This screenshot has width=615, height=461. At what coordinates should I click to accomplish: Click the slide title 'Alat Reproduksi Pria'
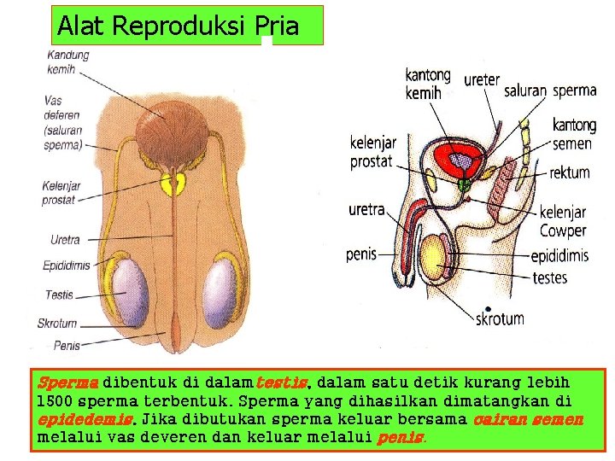178,26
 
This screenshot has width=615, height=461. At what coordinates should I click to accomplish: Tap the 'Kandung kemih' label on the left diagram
67,61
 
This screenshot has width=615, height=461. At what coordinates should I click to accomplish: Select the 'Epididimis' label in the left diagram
66,266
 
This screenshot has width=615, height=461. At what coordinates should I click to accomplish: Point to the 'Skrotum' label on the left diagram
57,324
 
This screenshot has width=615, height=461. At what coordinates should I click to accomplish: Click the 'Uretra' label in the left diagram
65,240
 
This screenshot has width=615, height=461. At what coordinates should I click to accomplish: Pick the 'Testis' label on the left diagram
59,295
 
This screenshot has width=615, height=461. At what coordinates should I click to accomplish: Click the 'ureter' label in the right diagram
481,80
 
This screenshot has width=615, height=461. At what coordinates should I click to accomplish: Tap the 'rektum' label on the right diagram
569,172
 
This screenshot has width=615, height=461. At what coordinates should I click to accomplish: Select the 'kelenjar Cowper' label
563,222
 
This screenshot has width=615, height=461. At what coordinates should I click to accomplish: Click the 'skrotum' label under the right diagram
500,319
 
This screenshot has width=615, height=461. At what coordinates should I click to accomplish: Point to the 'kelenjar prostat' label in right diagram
372,152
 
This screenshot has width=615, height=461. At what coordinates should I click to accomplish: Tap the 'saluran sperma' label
550,90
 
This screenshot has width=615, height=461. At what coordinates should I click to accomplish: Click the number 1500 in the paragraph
53,401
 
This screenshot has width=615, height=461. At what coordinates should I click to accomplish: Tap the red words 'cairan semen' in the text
527,419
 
